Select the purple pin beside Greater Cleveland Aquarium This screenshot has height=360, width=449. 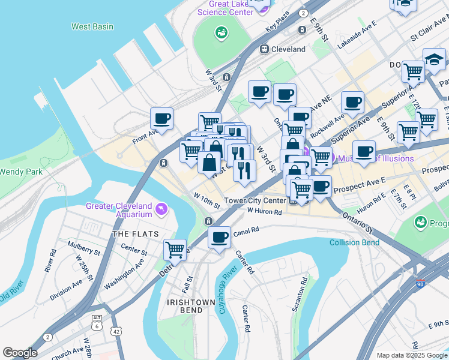(161, 208)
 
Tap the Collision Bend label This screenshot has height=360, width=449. (354, 242)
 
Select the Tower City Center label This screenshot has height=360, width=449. (255, 200)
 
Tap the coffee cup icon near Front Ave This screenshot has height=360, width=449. (161, 118)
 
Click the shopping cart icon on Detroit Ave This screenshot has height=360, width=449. (175, 248)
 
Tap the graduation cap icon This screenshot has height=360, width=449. (434, 59)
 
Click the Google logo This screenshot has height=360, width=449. (20, 353)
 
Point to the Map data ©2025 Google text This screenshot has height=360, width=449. (411, 355)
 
